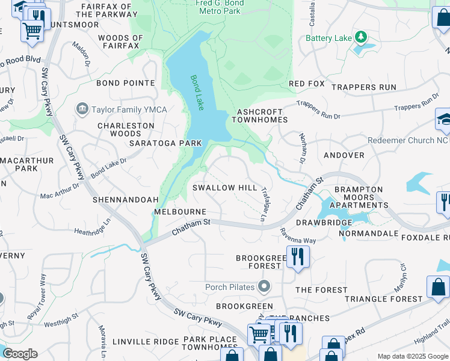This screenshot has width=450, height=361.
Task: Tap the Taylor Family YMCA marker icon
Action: tap(81, 110)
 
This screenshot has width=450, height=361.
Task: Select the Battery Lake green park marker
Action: tap(361, 37)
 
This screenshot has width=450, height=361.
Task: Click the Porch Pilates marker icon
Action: tap(263, 285)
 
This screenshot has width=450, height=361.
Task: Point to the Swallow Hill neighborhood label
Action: tap(224, 188)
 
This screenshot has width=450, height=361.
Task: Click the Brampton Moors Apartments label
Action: tap(359, 197)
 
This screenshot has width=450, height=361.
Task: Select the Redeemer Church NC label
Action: tap(408, 140)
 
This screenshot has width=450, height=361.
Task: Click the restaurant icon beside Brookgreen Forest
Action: tap(297, 256)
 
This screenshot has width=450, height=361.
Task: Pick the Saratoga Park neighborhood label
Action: tap(165, 143)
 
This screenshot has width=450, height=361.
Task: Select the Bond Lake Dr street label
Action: tap(108, 168)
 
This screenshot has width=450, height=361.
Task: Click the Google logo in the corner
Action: tap(20, 354)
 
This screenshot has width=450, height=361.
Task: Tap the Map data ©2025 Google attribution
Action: tap(412, 356)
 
